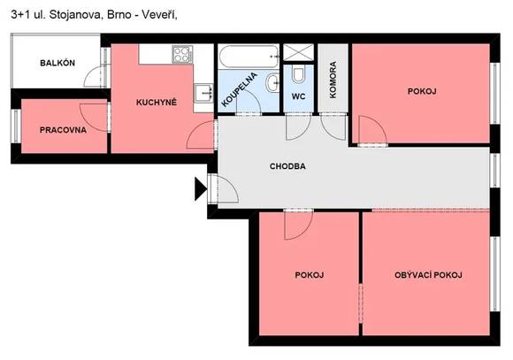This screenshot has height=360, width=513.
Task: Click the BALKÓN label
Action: (x=57, y=63)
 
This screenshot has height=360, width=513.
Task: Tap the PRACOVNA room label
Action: (x=63, y=130)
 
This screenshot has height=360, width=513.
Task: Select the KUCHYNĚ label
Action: (x=157, y=102)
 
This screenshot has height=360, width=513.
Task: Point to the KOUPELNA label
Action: (x=239, y=89)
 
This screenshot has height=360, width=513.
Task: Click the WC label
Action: (x=298, y=96)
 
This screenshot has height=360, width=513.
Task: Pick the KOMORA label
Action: (x=333, y=80)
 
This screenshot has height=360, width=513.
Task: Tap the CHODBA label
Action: (x=288, y=166)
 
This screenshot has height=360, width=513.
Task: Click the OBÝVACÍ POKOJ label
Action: (x=428, y=275)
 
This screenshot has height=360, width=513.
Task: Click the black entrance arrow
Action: (x=201, y=188)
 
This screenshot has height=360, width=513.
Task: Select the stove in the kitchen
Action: (x=182, y=54)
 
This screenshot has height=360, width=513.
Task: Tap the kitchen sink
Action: (x=203, y=93)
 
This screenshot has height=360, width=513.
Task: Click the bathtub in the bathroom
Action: (x=249, y=57)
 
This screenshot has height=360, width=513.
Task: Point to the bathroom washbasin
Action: (x=272, y=83)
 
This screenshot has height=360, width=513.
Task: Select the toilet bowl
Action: (x=298, y=74)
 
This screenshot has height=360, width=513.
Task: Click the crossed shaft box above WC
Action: (x=298, y=53)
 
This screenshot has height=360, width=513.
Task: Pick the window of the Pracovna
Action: (x=16, y=126)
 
